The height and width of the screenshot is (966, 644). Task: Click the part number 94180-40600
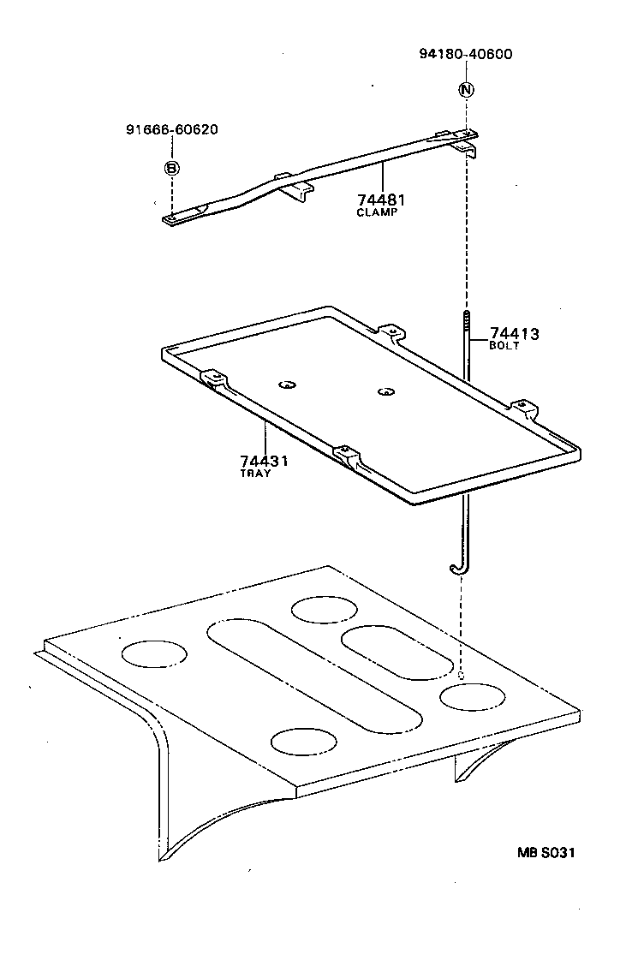pos(466,54)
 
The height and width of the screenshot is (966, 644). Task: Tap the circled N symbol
pos(466,89)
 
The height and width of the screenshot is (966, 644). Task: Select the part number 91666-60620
pos(171,130)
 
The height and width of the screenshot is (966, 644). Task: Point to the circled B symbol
pos(171,168)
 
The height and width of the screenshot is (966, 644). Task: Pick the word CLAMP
pos(377,212)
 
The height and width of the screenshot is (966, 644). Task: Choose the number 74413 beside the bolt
pos(515,334)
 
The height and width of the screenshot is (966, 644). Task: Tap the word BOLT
pos(504,347)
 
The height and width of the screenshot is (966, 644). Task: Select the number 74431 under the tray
pos(264,461)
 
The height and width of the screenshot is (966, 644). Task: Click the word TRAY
pos(256,474)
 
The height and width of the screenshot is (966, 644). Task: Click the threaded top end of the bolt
pos(467,323)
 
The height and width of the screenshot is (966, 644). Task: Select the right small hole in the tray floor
pos(386,392)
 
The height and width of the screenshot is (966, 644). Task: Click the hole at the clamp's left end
pos(171,219)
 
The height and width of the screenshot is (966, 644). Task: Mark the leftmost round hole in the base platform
pos(154,654)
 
